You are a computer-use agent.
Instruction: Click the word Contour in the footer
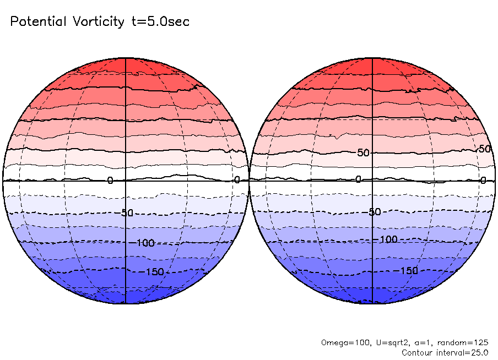click(x=418, y=352)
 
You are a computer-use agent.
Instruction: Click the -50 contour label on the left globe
click(x=126, y=213)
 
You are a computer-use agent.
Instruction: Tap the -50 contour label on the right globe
click(x=374, y=212)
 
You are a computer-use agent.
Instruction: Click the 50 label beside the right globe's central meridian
click(x=363, y=152)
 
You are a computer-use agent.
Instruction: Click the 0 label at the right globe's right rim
click(x=483, y=180)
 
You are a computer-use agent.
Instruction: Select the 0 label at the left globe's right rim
click(x=237, y=179)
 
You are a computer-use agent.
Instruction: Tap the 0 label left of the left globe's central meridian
click(x=110, y=180)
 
